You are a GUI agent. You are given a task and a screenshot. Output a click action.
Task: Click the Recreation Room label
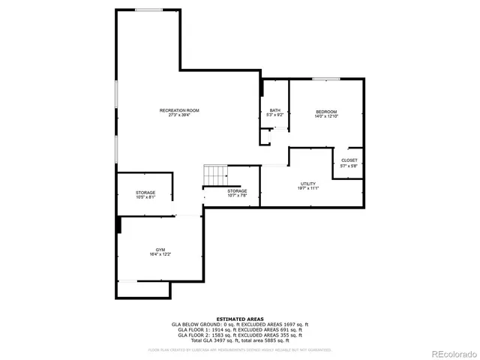pyautogui.click(x=179, y=110)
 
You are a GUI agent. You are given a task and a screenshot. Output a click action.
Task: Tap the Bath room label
pyautogui.click(x=275, y=110)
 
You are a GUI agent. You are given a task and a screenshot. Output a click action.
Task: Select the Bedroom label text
pyautogui.click(x=326, y=111)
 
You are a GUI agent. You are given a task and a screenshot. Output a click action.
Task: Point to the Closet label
pyautogui.click(x=349, y=160)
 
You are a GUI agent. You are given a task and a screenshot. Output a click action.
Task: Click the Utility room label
pyautogui.click(x=307, y=183)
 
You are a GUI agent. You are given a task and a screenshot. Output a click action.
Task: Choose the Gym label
pyautogui.click(x=160, y=250)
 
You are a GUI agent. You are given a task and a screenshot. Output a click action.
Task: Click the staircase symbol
pyautogui.click(x=215, y=176)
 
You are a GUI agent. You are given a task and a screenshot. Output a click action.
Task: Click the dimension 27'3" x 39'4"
pyautogui.click(x=179, y=115)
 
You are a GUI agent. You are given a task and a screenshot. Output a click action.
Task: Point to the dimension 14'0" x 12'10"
pyautogui.click(x=326, y=116)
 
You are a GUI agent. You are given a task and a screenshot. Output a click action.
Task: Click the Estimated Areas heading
pyautogui.click(x=240, y=319)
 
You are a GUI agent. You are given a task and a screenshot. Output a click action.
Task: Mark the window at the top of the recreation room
pyautogui.click(x=148, y=10)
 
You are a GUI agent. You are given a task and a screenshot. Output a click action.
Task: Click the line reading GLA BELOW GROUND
pyautogui.click(x=240, y=324)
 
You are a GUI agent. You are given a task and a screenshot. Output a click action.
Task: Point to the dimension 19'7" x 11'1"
pyautogui.click(x=307, y=188)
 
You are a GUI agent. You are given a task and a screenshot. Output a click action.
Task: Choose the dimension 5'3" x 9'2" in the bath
pyautogui.click(x=275, y=115)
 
